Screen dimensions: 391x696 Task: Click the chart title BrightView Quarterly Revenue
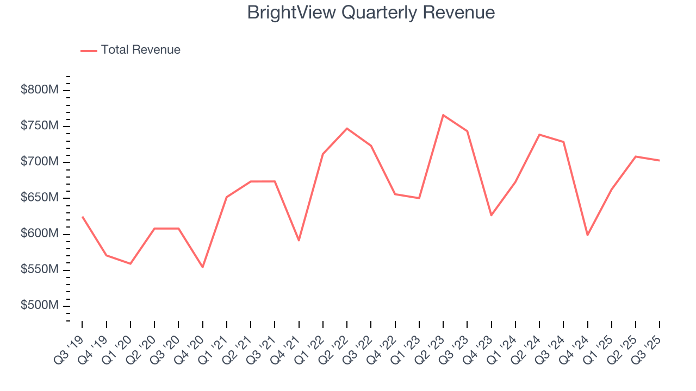pos(371,12)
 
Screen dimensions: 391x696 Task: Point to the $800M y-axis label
pos(40,90)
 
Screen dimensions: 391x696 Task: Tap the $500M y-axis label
pos(40,306)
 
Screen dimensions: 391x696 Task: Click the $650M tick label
pos(40,198)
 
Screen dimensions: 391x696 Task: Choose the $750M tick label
pos(40,126)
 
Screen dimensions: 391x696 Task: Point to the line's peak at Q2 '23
pos(443,115)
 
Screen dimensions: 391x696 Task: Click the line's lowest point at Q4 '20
pos(202,267)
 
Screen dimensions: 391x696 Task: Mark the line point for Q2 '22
pos(347,129)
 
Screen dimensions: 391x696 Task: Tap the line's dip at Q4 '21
pos(299,240)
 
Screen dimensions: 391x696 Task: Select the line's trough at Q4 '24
pos(587,235)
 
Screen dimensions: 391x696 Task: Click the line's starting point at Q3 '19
pos(82,217)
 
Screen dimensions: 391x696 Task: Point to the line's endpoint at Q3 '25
pos(660,160)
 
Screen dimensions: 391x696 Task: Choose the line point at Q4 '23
pos(491,216)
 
